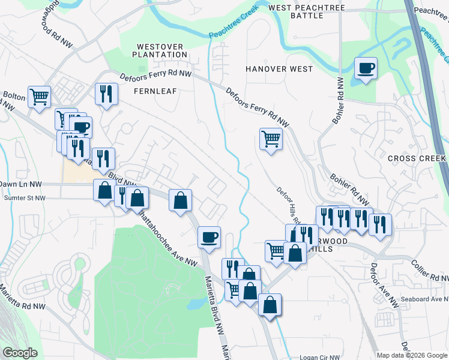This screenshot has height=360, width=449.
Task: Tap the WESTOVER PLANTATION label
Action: [x=162, y=50]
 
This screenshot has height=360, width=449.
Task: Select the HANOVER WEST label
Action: [x=279, y=69]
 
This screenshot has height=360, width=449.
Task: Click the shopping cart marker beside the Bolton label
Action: [x=39, y=96]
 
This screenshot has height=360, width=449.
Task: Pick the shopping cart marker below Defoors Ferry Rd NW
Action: [x=271, y=139]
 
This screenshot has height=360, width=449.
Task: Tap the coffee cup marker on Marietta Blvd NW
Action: [x=209, y=236]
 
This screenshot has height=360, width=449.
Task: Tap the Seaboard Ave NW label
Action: [x=423, y=299]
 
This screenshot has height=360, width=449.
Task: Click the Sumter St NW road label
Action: [x=25, y=197]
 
